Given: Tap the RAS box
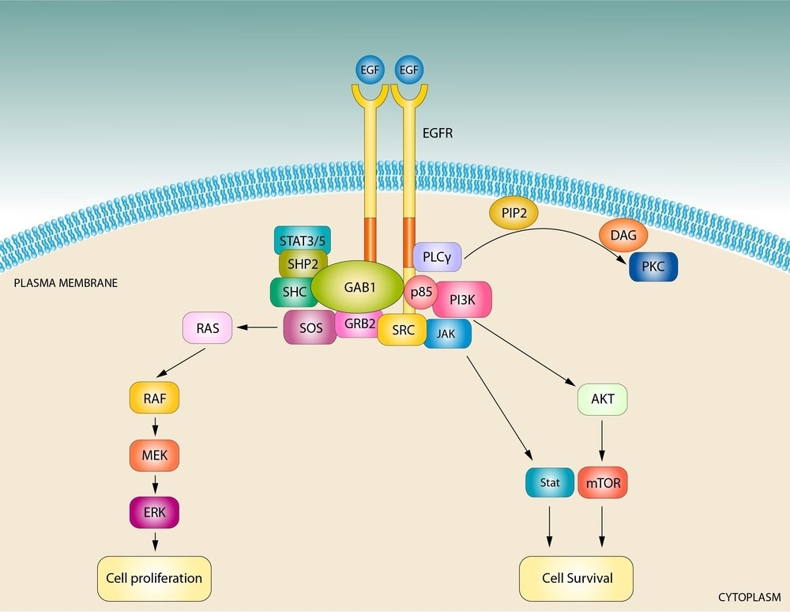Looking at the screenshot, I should click(x=208, y=327).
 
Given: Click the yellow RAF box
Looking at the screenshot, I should click(x=154, y=398).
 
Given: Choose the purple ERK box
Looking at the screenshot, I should click(x=154, y=512).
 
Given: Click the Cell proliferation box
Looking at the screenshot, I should click(x=154, y=577).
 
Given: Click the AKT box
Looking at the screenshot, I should click(x=602, y=399).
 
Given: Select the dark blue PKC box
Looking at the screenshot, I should click(x=653, y=267).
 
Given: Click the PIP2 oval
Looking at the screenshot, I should click(x=513, y=213).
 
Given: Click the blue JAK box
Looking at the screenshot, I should click(x=447, y=334).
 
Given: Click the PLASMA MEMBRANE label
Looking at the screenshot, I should click(x=66, y=282).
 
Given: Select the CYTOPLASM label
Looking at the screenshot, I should click(x=748, y=596).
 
